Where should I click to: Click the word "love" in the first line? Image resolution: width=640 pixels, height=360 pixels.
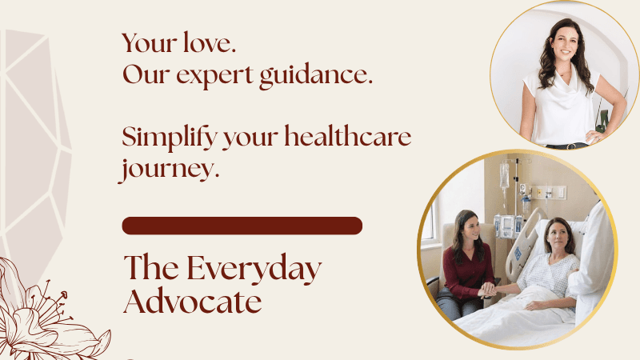coord(207,42)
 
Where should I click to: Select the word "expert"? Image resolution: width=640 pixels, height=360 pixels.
coord(214,76)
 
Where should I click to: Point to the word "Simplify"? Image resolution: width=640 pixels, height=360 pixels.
coord(170,137)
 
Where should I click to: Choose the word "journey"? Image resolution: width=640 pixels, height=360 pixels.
coord(166,169)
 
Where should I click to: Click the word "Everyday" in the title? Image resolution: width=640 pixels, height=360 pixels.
coord(254,269)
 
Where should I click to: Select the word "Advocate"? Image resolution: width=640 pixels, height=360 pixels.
coord(193,302)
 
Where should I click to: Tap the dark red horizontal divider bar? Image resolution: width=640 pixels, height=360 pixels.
coord(242,226)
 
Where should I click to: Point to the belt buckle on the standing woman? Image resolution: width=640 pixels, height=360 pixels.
coord(571,146)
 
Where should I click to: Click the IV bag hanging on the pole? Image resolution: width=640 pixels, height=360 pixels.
coord(505,174)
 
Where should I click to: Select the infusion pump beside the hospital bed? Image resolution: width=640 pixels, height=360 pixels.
coord(507,226)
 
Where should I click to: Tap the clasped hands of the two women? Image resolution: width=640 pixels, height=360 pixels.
coord(487,290)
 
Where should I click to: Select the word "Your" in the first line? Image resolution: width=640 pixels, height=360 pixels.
coord(150,42)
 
